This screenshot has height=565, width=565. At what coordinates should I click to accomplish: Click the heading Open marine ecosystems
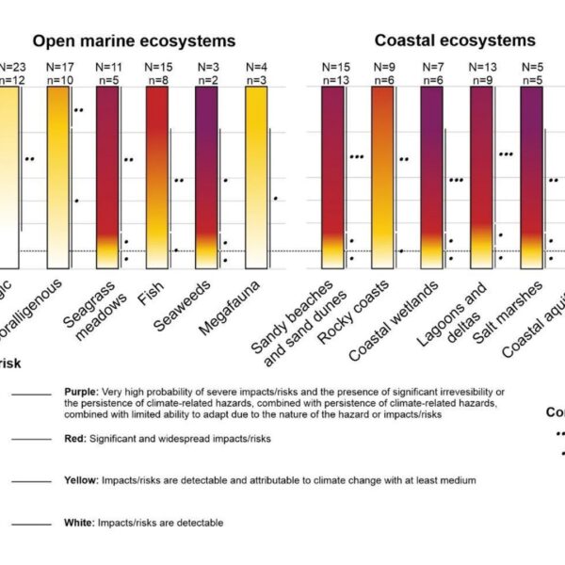tap(135, 40)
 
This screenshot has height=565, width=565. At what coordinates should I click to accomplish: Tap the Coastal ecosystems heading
tap(455, 40)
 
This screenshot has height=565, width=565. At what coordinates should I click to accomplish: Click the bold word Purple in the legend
tap(81, 392)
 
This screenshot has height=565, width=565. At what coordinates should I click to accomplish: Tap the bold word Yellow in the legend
tap(81, 480)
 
